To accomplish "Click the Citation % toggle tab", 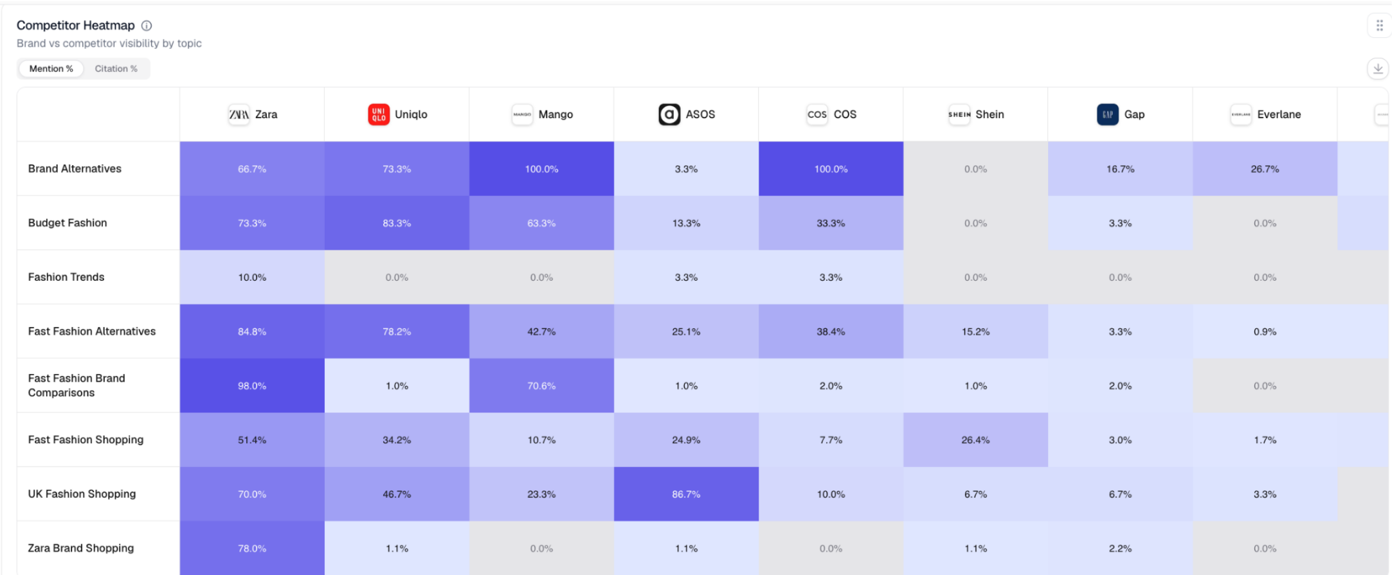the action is (116, 69).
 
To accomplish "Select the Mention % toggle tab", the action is (51, 69).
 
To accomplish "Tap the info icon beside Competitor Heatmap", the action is (147, 26).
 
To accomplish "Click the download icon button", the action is (1378, 69).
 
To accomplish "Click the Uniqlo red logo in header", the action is (379, 114).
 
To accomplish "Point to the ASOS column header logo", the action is (669, 114).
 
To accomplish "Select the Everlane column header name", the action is (1279, 114).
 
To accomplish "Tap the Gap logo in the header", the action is (1107, 114).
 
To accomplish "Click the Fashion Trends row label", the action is (66, 277).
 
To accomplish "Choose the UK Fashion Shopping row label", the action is (82, 494).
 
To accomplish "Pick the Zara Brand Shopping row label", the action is (81, 548).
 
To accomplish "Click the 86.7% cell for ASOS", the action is (686, 494).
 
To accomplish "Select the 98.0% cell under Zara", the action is (252, 385).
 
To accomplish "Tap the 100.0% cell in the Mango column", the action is (541, 169).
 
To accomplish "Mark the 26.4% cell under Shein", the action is (975, 440).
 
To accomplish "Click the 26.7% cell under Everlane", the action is (1265, 169).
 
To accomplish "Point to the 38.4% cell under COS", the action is (831, 332).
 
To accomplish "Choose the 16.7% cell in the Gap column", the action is (1120, 169).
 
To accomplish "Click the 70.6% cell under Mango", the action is (541, 385).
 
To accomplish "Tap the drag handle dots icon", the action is (1379, 26).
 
